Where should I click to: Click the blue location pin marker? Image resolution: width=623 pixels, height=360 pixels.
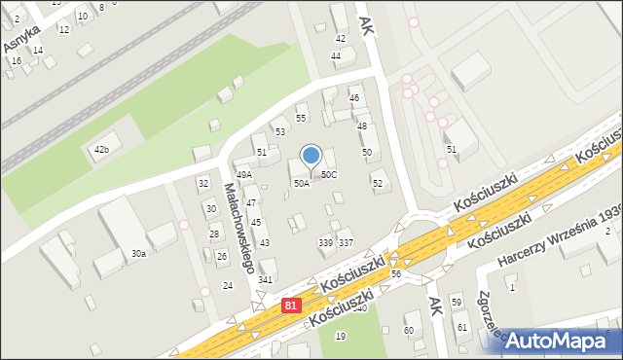[x=311, y=156]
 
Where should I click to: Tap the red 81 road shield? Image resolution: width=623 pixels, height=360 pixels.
[x=291, y=306]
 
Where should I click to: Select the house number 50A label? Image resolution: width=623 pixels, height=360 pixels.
[x=302, y=183]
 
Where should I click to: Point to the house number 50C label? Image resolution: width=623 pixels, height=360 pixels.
[x=329, y=175]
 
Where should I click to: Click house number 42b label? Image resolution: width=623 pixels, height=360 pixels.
[x=101, y=149]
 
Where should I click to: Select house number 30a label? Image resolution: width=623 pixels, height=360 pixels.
[x=138, y=254]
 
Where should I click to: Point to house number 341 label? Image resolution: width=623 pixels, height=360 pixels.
[x=264, y=280]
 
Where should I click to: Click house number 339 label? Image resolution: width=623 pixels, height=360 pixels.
[x=325, y=242]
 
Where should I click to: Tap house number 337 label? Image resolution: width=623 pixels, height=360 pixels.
[x=346, y=242]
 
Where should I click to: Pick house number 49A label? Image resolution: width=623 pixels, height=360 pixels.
[x=243, y=175]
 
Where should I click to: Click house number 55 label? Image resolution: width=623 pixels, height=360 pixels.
[x=301, y=118]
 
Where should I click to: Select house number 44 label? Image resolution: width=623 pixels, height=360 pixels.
[x=336, y=56]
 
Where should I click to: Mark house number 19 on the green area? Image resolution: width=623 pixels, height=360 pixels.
[x=340, y=336]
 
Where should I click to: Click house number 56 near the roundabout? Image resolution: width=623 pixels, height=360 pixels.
[x=396, y=274]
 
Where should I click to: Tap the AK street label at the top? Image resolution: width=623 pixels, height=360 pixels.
[x=366, y=24]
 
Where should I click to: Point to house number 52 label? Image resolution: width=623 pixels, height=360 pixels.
[x=378, y=183]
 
